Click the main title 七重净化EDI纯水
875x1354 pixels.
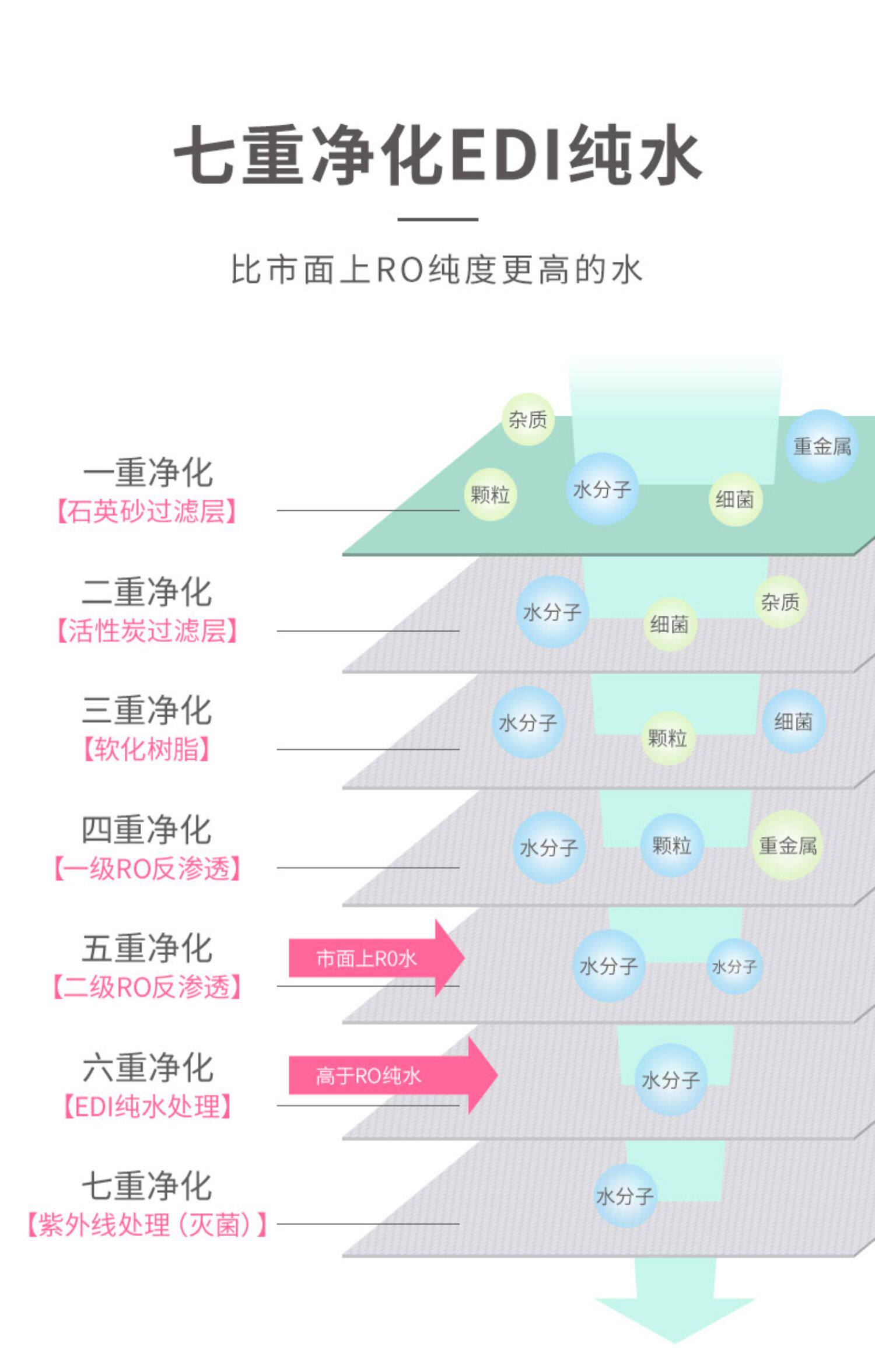(x=437, y=155)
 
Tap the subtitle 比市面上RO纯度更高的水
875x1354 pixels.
(x=437, y=270)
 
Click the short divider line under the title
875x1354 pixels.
(x=437, y=219)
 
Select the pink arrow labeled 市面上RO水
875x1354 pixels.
(x=376, y=958)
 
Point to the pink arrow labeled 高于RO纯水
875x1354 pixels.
(x=393, y=1075)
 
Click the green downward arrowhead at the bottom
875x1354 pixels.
(x=675, y=1320)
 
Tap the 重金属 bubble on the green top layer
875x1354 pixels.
(x=821, y=446)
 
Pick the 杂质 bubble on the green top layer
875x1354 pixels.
(x=528, y=419)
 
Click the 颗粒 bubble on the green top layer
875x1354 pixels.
(x=491, y=494)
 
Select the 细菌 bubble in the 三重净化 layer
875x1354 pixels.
(x=793, y=722)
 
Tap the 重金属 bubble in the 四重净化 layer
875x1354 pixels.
(x=787, y=846)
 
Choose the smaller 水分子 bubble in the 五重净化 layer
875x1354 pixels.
(x=734, y=966)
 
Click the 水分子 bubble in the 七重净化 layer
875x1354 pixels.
(x=624, y=1197)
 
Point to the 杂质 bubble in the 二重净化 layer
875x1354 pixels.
(x=780, y=602)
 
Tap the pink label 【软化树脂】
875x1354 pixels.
(x=146, y=749)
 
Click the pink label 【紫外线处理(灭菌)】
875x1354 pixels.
(x=147, y=1225)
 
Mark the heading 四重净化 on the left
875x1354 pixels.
(x=146, y=830)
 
